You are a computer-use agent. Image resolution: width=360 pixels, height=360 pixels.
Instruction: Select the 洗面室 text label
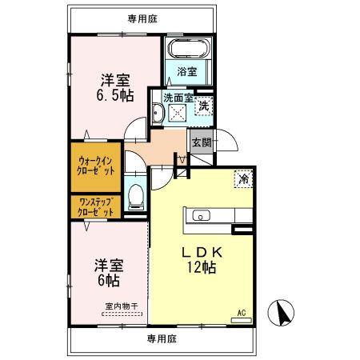[x=178, y=96]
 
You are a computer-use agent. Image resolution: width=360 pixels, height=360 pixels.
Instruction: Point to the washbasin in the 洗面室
[x=158, y=116]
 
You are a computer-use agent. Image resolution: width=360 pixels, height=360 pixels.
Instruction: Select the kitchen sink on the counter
[x=200, y=214]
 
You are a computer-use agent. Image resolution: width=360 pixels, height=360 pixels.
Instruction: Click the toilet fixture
[x=137, y=195]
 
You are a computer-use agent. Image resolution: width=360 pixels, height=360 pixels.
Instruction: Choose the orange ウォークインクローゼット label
[x=95, y=166]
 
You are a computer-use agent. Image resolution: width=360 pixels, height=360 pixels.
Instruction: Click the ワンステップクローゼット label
[x=95, y=207]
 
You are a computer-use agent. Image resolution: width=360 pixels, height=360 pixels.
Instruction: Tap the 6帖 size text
[x=110, y=282]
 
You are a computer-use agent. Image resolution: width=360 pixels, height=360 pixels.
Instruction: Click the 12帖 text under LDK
[x=202, y=268]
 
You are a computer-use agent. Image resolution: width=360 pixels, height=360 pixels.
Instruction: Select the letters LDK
[x=202, y=251]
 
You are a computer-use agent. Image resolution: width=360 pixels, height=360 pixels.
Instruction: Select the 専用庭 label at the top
[x=142, y=18]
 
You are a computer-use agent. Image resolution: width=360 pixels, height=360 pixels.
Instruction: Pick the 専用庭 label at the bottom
[x=161, y=338]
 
